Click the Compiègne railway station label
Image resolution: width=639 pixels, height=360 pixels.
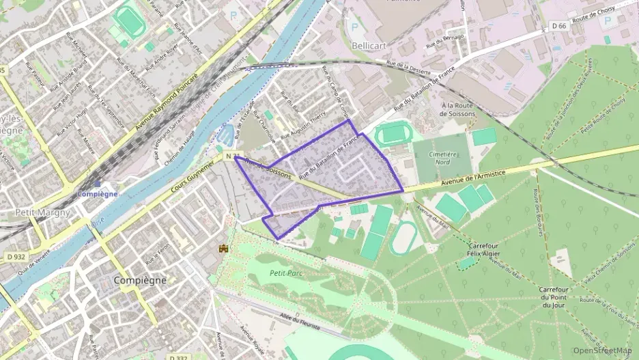click(x=98, y=193)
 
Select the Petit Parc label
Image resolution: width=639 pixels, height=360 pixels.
click(x=287, y=273)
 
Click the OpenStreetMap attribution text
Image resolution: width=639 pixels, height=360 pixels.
click(x=603, y=350)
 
